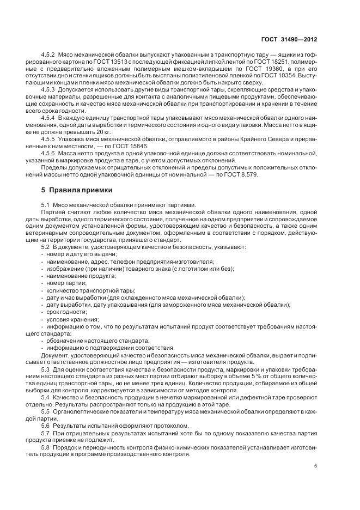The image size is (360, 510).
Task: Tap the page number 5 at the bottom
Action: coord(316,466)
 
